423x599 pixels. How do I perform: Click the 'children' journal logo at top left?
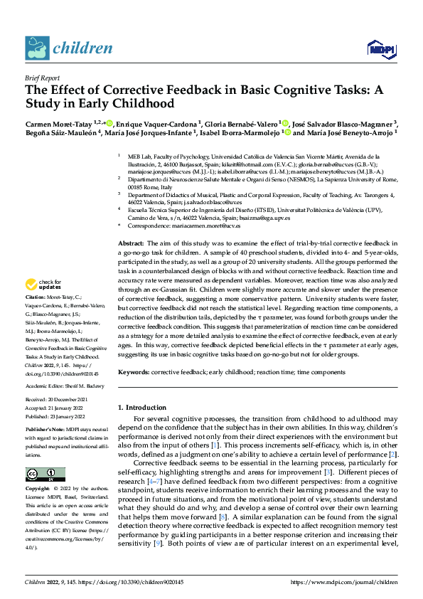[69, 48]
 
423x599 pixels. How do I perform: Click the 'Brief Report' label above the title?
[42, 80]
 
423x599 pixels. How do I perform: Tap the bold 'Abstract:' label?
[132, 244]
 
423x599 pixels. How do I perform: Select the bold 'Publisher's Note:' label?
[45, 431]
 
